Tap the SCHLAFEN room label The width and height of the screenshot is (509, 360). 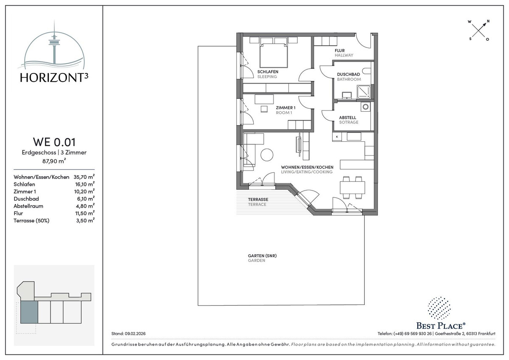point(268,72)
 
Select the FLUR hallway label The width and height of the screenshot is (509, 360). point(339,51)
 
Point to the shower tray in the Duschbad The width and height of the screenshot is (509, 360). point(364,92)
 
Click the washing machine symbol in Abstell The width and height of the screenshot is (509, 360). point(365,107)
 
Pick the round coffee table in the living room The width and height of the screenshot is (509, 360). point(267,155)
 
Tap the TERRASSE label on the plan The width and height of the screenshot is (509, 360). point(258,200)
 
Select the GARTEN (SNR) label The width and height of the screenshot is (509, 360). point(262,256)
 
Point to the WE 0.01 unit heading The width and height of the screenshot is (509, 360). point(54,142)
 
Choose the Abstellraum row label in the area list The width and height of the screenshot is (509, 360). point(28,206)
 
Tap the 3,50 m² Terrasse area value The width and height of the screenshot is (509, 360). point(85,220)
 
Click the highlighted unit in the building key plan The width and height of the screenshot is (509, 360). point(29,312)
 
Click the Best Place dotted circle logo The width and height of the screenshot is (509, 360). point(439,308)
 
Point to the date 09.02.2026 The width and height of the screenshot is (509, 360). point(135,334)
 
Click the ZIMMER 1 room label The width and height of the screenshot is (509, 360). point(285,107)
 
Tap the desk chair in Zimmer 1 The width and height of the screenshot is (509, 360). point(264,109)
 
